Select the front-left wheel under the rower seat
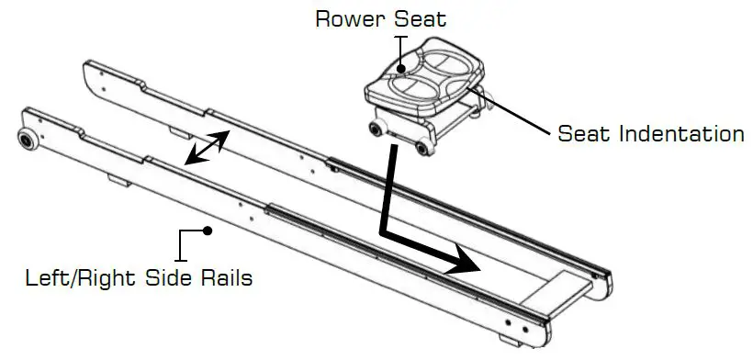click(x=377, y=127)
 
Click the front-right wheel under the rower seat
click(x=424, y=147)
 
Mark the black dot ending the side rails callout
click(x=208, y=231)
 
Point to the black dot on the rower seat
click(x=400, y=66)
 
